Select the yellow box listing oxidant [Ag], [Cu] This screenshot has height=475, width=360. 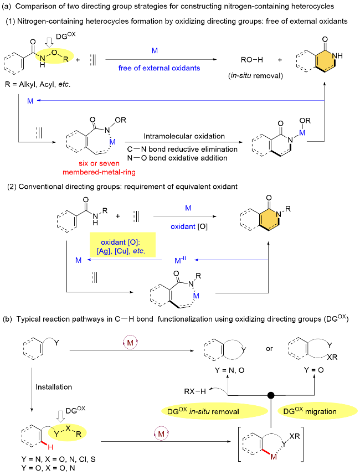122,244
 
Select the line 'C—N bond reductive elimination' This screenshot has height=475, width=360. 182,149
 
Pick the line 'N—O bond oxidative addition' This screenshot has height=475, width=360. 178,158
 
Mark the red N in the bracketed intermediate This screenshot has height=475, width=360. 272,455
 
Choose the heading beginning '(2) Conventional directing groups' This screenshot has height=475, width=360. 122,187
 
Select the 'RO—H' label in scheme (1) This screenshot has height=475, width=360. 251,60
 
